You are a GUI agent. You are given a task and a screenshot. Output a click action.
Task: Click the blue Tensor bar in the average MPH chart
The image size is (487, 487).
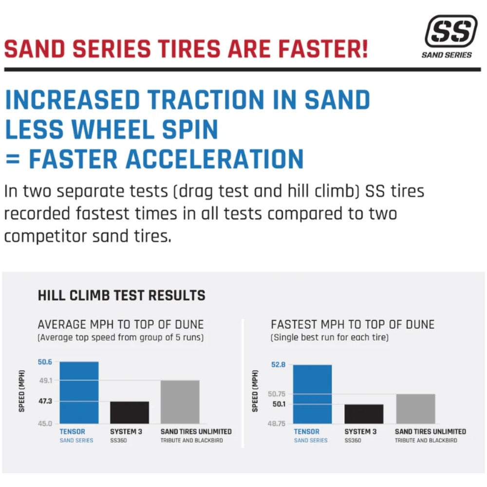(x=79, y=393)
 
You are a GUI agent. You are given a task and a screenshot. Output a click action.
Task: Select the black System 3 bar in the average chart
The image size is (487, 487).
(x=130, y=412)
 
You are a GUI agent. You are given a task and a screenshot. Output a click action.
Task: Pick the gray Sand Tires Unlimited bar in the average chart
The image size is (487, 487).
(x=180, y=402)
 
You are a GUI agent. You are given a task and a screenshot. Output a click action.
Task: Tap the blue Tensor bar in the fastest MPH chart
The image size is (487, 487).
(x=313, y=394)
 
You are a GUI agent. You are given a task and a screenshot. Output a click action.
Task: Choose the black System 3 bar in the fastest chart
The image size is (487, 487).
(x=364, y=414)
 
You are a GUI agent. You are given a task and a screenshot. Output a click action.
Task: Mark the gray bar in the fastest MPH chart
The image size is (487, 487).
(x=415, y=409)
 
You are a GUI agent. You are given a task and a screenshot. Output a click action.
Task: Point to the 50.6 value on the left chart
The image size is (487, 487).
(x=45, y=362)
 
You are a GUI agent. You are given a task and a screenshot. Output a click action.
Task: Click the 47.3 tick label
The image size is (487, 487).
(x=45, y=402)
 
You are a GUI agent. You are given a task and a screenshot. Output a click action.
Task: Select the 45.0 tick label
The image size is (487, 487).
(x=45, y=424)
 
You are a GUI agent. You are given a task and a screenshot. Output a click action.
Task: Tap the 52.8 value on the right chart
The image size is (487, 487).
(x=279, y=365)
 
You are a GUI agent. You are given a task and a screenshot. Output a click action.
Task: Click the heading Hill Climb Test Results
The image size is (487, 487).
(x=121, y=295)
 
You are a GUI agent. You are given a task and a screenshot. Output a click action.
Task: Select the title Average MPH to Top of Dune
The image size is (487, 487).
(x=121, y=324)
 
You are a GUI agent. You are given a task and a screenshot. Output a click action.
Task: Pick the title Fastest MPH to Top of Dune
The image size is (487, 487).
(x=353, y=324)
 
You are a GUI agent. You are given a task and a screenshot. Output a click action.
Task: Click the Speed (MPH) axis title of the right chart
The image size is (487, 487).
(x=255, y=391)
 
